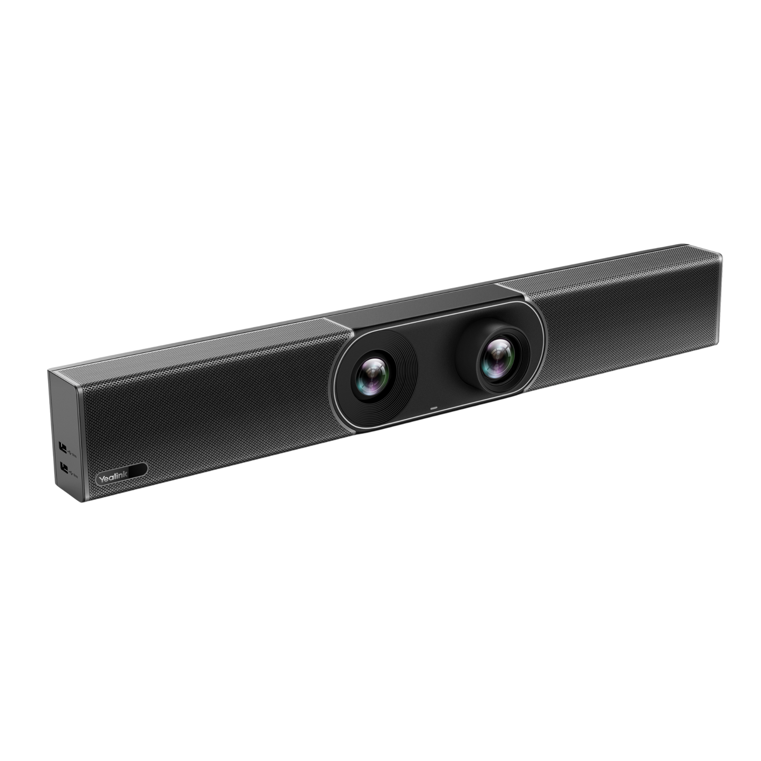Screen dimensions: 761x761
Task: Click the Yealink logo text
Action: click(111, 479)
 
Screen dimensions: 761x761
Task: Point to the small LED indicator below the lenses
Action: click(434, 407)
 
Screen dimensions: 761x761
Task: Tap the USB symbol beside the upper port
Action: click(70, 450)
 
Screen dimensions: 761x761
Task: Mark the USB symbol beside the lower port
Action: click(70, 471)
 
